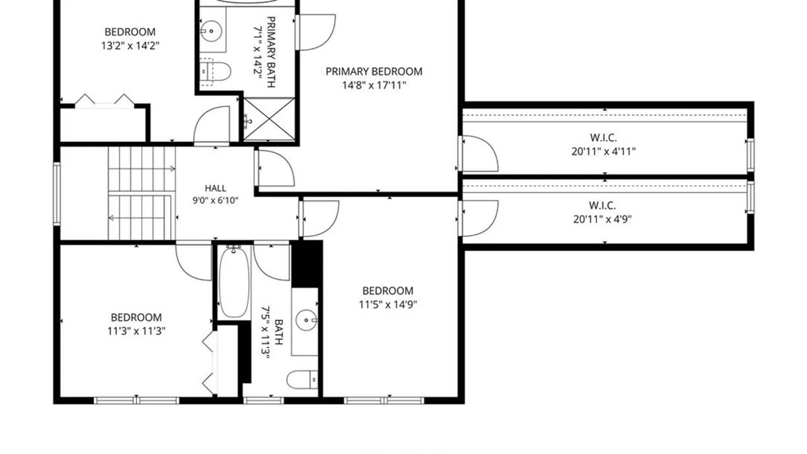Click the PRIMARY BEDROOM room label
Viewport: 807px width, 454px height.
click(x=374, y=71)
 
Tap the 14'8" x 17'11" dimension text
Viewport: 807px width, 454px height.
click(x=374, y=85)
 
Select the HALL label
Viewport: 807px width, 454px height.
click(x=215, y=188)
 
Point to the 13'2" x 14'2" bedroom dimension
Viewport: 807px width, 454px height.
click(x=130, y=45)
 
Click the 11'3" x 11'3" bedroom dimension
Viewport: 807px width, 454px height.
click(x=136, y=331)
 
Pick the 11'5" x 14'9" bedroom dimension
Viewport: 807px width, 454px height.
click(x=388, y=304)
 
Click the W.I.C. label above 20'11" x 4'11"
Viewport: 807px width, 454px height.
click(x=603, y=137)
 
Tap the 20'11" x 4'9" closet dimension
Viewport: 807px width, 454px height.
click(x=602, y=219)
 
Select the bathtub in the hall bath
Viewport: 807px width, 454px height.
click(x=235, y=282)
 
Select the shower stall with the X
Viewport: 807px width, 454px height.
click(x=269, y=119)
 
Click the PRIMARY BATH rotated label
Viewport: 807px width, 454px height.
click(x=264, y=52)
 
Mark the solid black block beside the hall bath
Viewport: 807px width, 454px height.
click(x=307, y=264)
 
